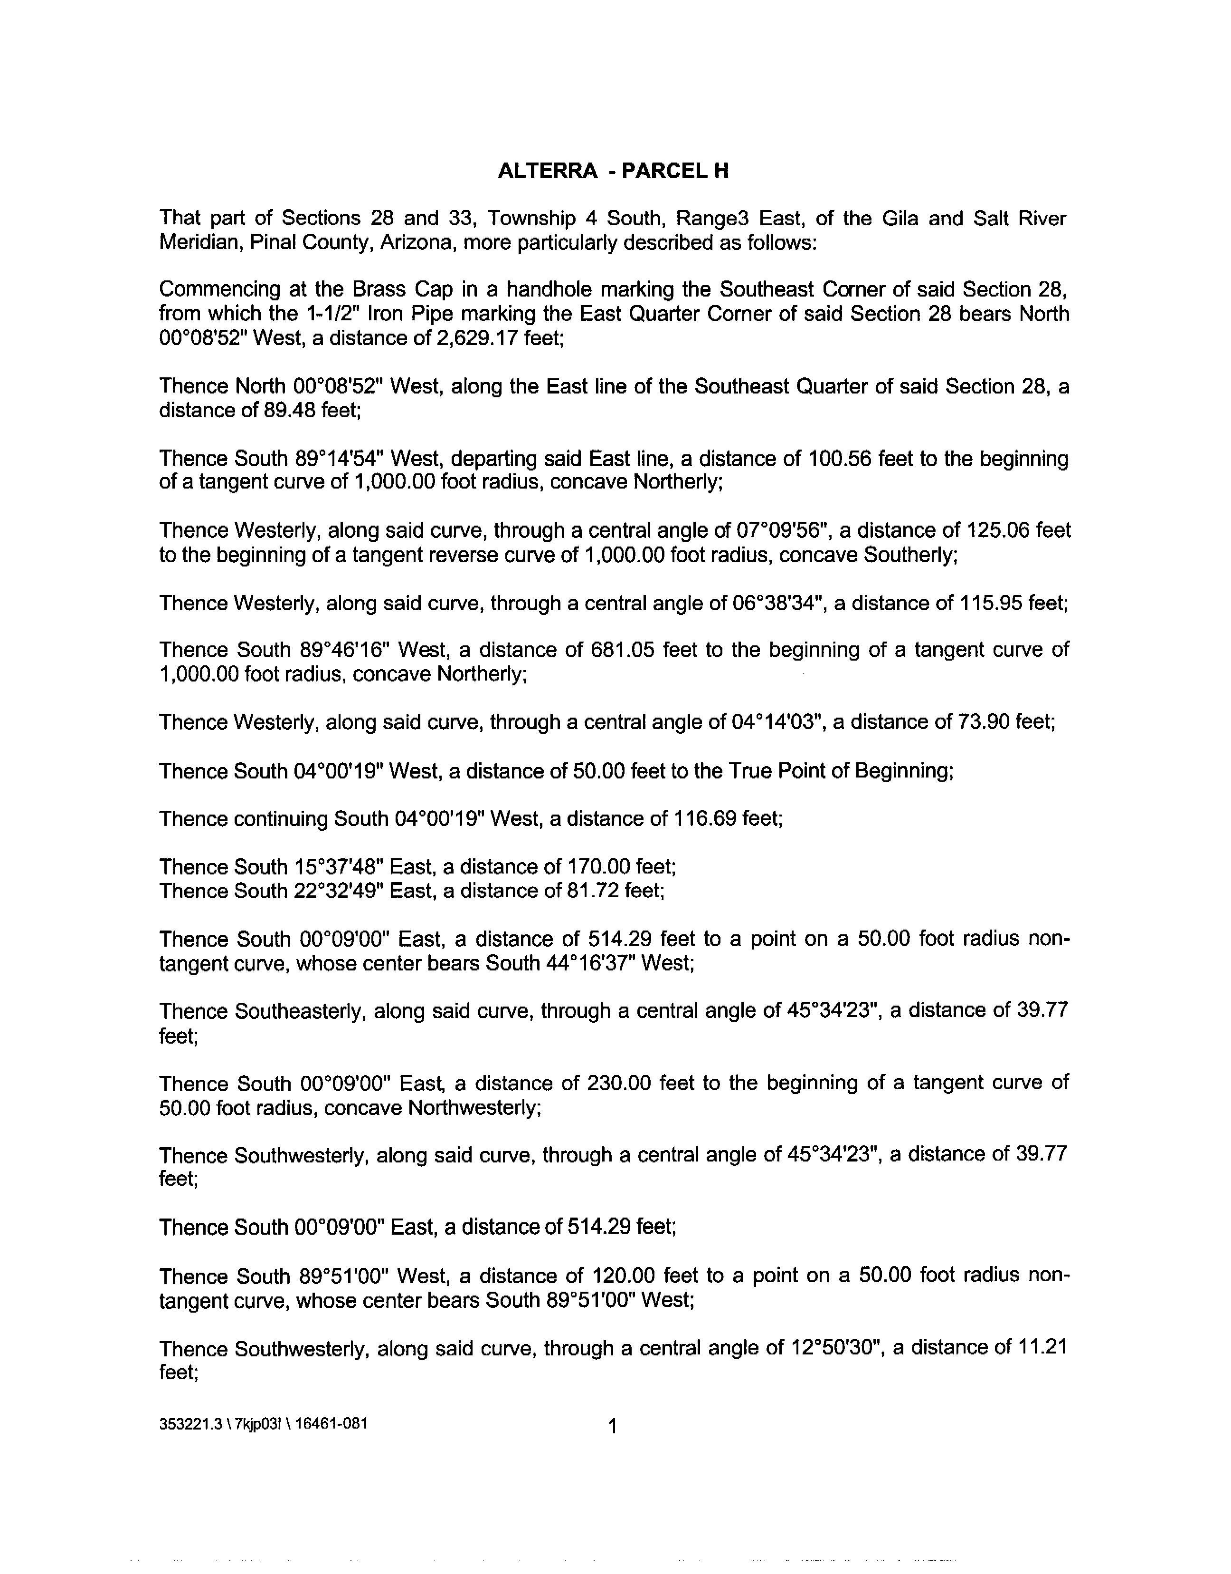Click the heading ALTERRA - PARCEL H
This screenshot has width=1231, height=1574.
coord(613,171)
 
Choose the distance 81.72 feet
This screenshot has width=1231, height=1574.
coord(612,891)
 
